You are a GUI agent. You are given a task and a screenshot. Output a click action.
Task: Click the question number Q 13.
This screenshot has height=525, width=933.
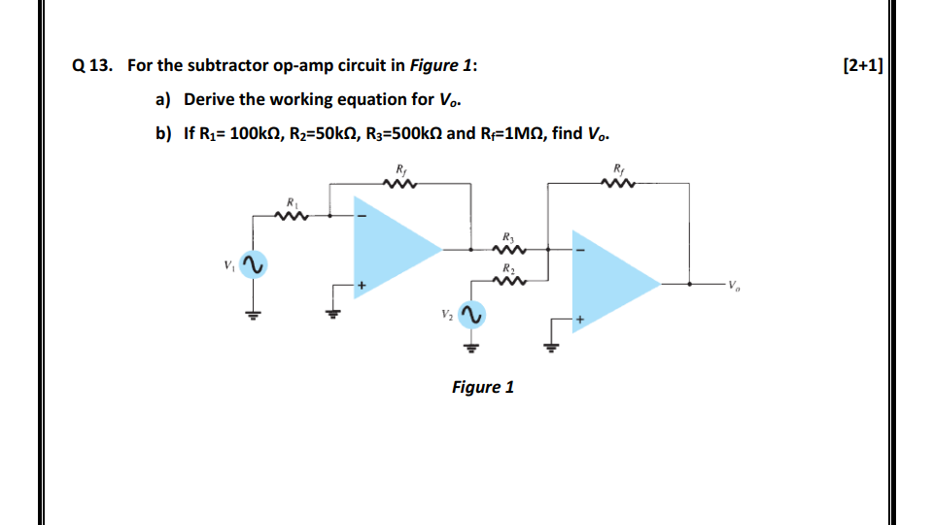(x=92, y=66)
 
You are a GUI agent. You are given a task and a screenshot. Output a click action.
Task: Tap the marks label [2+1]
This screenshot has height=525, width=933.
(x=864, y=66)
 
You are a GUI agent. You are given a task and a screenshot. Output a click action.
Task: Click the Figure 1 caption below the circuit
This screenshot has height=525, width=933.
(x=483, y=387)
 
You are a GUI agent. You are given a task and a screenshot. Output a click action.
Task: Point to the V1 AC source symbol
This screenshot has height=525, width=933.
(x=253, y=265)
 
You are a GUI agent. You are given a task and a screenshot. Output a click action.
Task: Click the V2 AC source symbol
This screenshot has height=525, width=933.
(x=470, y=315)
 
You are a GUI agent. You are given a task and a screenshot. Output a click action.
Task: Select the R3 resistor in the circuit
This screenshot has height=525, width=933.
(x=510, y=249)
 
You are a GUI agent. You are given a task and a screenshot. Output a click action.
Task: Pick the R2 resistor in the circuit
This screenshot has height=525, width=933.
(x=510, y=282)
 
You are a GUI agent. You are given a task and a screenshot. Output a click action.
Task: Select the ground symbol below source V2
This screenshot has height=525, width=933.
(x=470, y=347)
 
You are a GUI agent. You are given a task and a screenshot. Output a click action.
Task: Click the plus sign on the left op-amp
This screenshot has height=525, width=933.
(x=362, y=286)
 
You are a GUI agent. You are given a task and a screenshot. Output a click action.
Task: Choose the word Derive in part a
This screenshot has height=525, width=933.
(x=209, y=99)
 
